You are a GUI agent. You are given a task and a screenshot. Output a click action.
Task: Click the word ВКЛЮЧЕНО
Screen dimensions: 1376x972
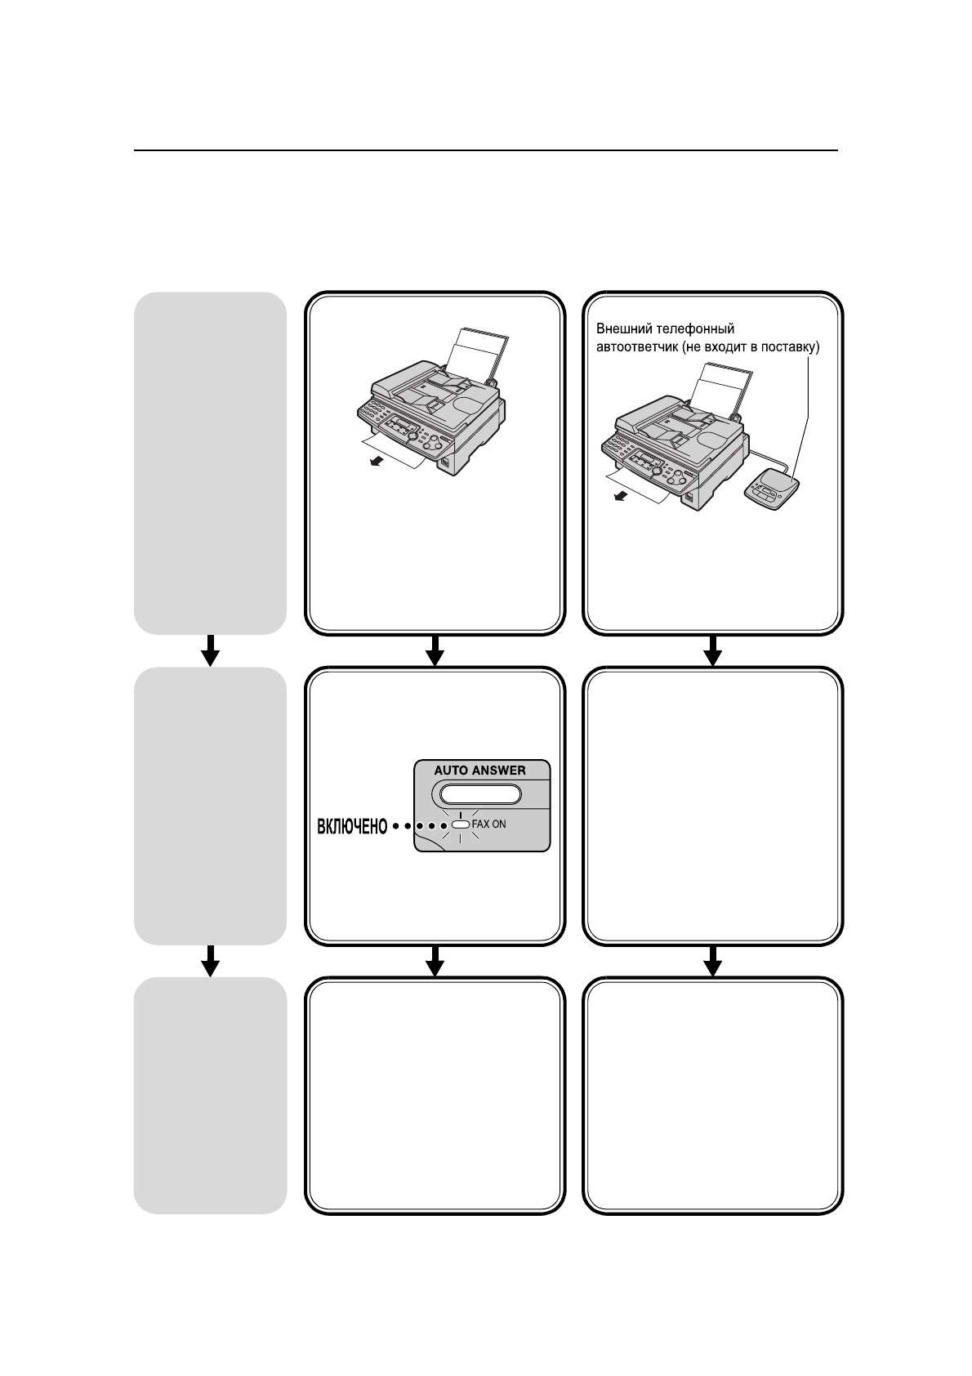tap(350, 827)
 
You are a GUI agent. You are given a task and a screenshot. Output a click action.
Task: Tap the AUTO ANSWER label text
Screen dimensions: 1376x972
tap(479, 771)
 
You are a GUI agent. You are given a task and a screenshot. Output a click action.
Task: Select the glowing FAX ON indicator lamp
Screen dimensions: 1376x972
tap(461, 824)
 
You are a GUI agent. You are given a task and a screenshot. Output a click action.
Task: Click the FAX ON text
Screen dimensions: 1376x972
tap(489, 824)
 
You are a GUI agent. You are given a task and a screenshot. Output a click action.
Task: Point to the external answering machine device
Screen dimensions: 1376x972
tap(772, 490)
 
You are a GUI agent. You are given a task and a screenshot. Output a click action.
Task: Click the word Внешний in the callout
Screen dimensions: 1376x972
tap(620, 329)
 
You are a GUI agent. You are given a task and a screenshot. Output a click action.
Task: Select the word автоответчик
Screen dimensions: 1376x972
tap(636, 347)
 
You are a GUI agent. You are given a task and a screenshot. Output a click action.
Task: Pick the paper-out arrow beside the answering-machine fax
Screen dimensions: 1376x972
tap(622, 497)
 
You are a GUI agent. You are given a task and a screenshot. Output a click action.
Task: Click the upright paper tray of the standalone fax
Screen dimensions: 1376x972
tap(483, 352)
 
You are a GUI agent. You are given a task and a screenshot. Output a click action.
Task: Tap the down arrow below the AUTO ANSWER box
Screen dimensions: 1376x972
tap(435, 961)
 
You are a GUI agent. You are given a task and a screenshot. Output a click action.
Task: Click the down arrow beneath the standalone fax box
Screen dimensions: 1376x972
tap(435, 650)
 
